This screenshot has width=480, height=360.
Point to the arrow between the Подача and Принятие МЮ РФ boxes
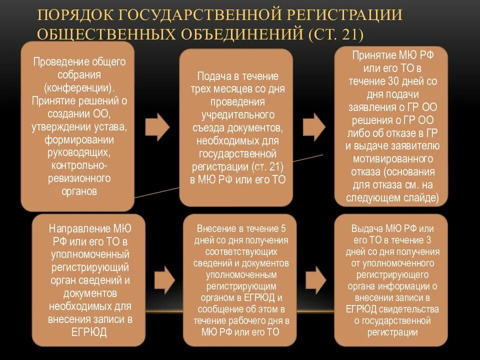[314, 126]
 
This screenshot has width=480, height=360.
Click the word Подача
[212, 76]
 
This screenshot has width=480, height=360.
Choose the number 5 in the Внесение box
[283, 228]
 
